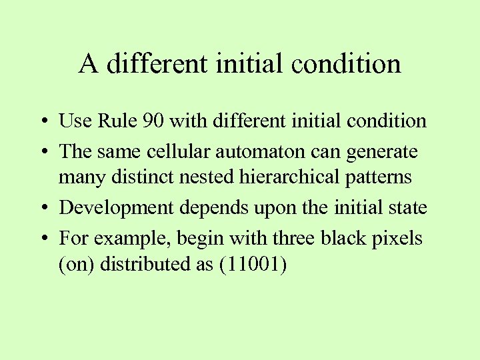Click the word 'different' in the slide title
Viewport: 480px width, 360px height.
157,64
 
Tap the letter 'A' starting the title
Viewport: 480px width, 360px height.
88,64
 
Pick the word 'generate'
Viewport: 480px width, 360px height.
383,152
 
